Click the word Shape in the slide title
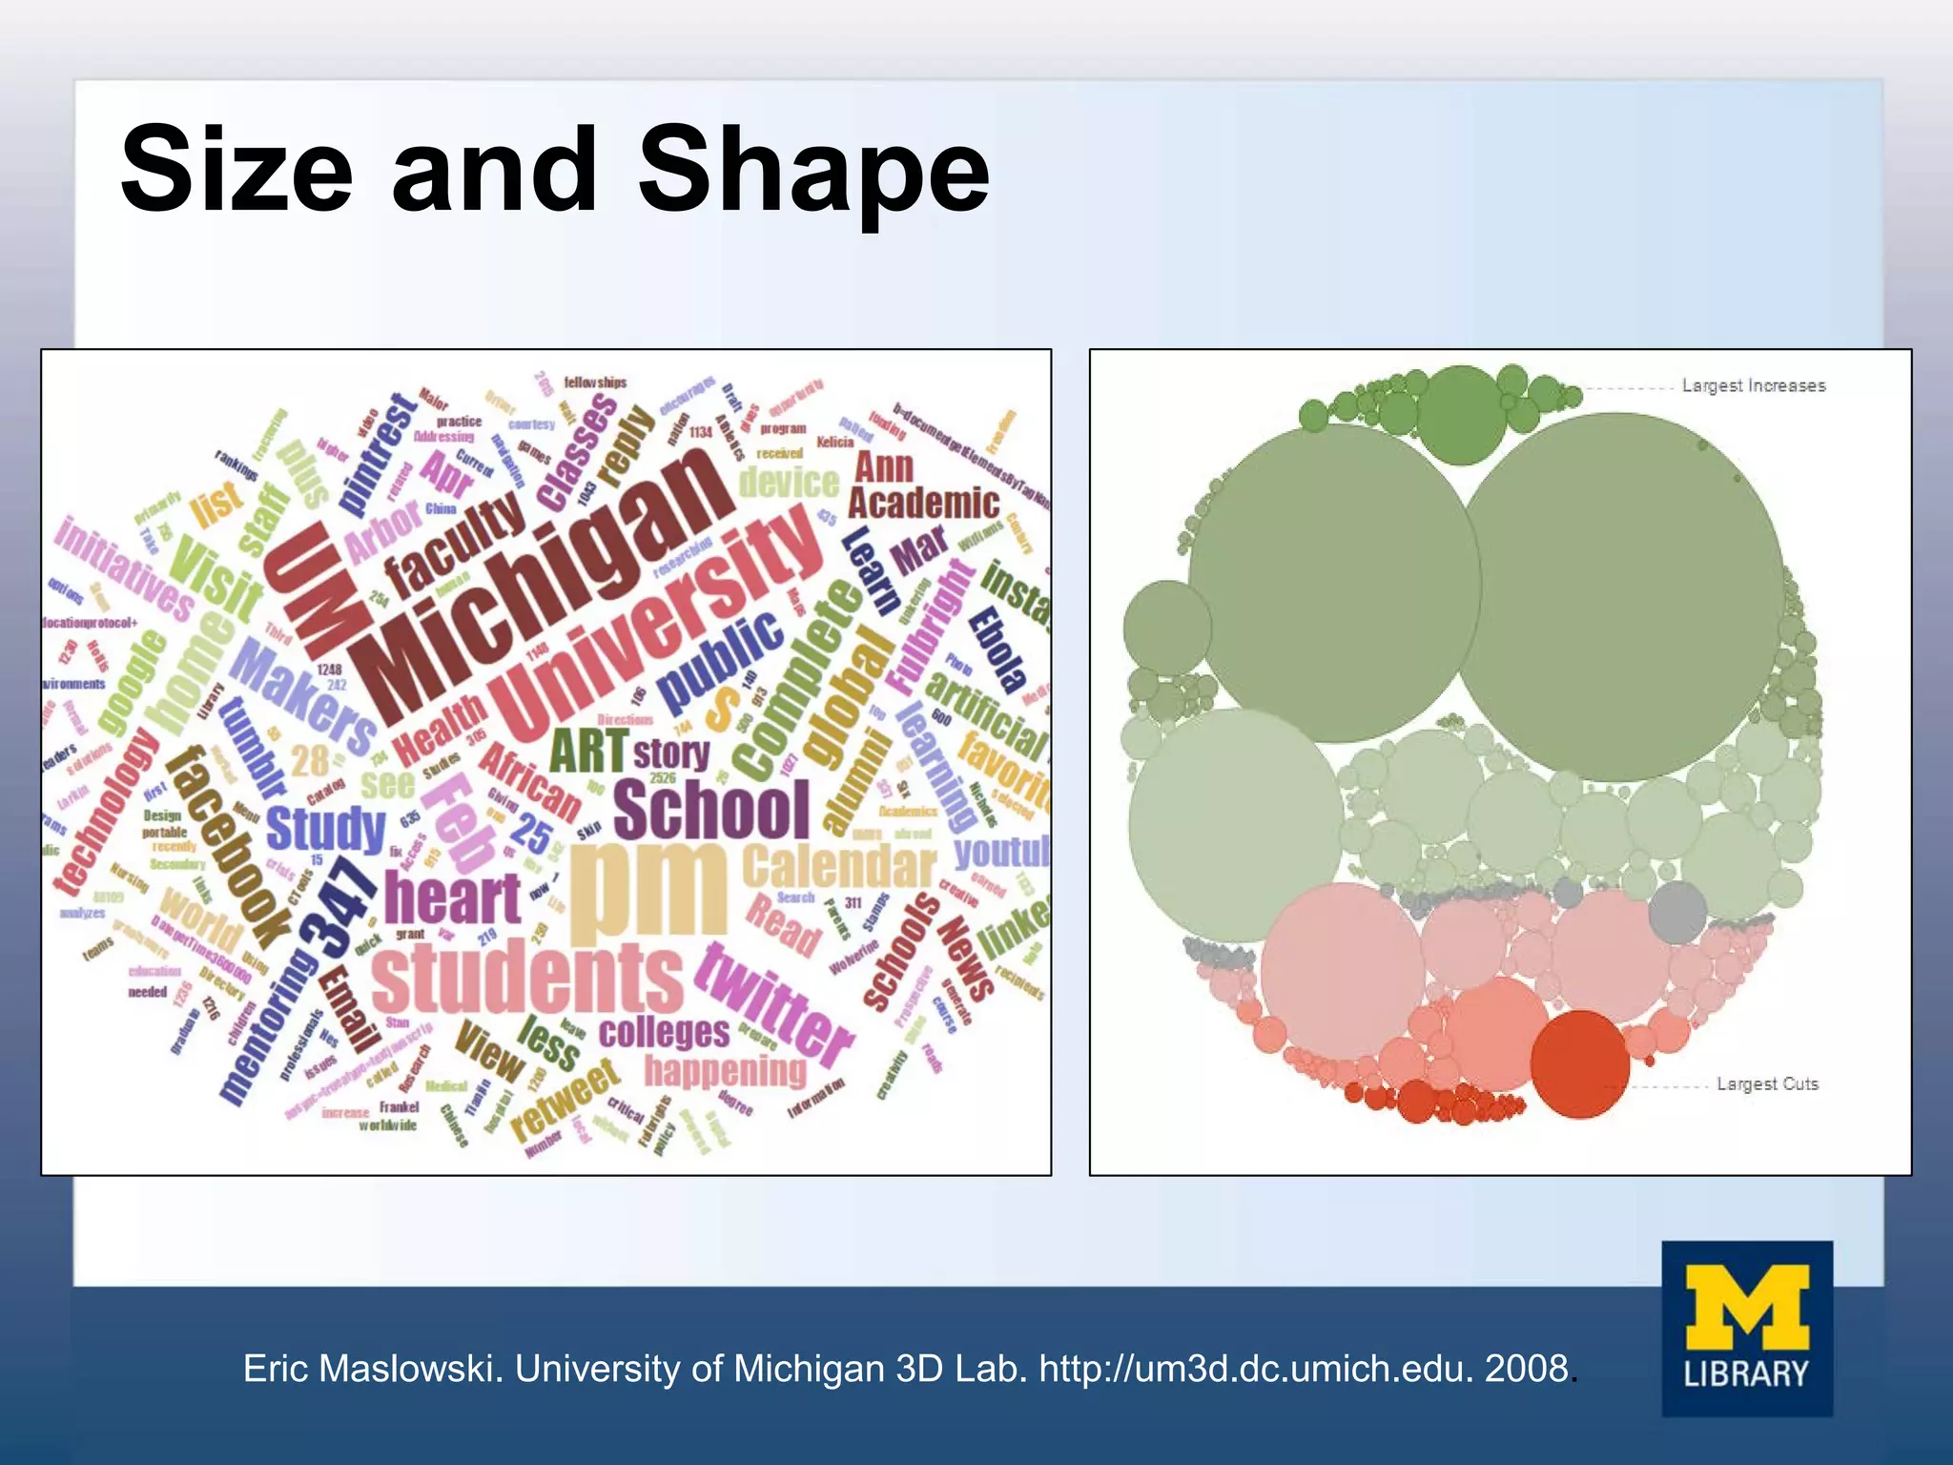(x=813, y=172)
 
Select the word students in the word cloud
(x=527, y=978)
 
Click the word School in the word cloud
(x=711, y=810)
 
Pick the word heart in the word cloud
(x=452, y=898)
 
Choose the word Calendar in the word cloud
(x=839, y=866)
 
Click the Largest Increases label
(x=1754, y=385)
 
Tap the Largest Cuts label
(x=1767, y=1083)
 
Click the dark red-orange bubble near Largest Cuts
(x=1580, y=1063)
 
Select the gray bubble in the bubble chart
(x=1676, y=912)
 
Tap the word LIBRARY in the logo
(x=1746, y=1373)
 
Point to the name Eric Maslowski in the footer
(x=372, y=1369)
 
